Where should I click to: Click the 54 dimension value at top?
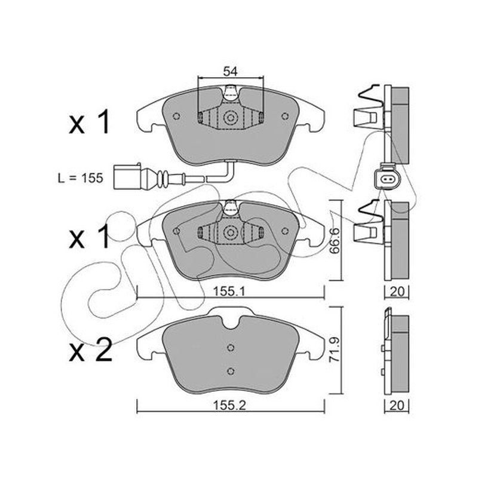click(230, 72)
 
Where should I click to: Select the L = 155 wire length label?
click(81, 178)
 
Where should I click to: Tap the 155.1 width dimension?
click(229, 292)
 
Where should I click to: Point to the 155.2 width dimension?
click(229, 406)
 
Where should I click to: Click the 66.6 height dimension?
click(335, 241)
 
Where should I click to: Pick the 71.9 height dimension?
click(335, 350)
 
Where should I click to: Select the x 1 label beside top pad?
click(89, 122)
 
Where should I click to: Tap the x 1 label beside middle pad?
click(89, 236)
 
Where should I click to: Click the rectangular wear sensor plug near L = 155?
click(127, 177)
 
